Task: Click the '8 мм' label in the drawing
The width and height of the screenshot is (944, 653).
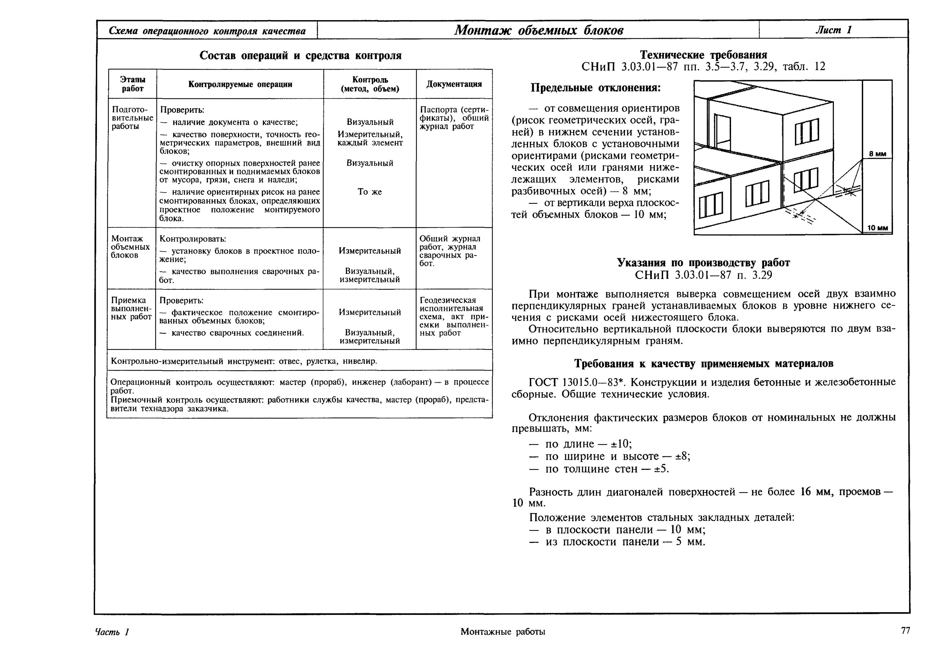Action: tap(877, 154)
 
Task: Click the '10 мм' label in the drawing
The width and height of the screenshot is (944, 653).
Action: tap(877, 228)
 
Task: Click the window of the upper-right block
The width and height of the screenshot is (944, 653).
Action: tap(807, 131)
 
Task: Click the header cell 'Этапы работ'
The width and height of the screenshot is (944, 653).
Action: tap(132, 84)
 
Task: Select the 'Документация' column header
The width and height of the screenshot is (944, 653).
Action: tap(454, 84)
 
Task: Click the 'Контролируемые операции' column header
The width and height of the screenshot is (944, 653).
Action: tap(240, 84)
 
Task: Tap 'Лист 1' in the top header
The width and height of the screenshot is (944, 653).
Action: tap(833, 30)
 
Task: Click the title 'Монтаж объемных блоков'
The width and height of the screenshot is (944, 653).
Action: tap(538, 30)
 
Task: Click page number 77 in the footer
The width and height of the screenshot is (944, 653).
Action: tap(906, 630)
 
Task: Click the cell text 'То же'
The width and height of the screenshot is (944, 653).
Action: tap(369, 192)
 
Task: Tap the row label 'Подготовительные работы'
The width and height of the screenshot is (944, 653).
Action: tap(132, 118)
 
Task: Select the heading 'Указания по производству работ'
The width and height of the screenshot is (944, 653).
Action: tap(703, 263)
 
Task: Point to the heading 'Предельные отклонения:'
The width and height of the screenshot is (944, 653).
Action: tap(595, 88)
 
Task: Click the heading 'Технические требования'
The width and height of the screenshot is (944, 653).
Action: tap(703, 54)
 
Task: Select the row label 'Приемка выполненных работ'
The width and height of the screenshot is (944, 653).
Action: tap(131, 309)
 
